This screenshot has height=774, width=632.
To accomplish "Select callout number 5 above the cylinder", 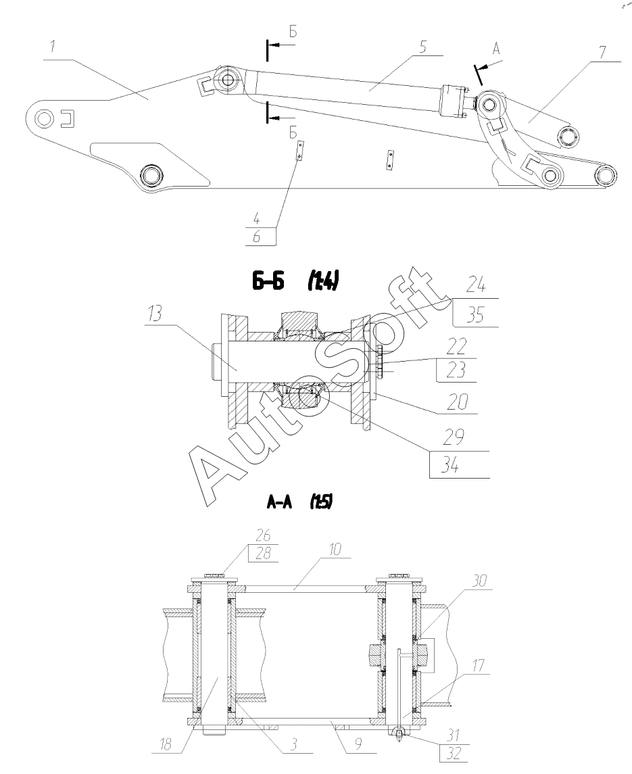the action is click(x=422, y=47).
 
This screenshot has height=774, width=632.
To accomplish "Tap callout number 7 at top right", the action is click(x=602, y=53).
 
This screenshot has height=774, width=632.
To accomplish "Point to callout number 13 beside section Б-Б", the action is click(x=155, y=314).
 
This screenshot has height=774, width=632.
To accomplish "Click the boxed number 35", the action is click(x=475, y=315).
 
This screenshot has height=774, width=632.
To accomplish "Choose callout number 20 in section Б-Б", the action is click(x=457, y=402).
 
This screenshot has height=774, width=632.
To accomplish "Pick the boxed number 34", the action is click(x=449, y=465).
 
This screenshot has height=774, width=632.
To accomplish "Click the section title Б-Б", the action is click(x=268, y=282).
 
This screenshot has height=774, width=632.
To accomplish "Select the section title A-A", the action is click(x=279, y=502).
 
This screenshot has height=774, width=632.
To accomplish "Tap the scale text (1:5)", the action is click(x=321, y=502).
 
